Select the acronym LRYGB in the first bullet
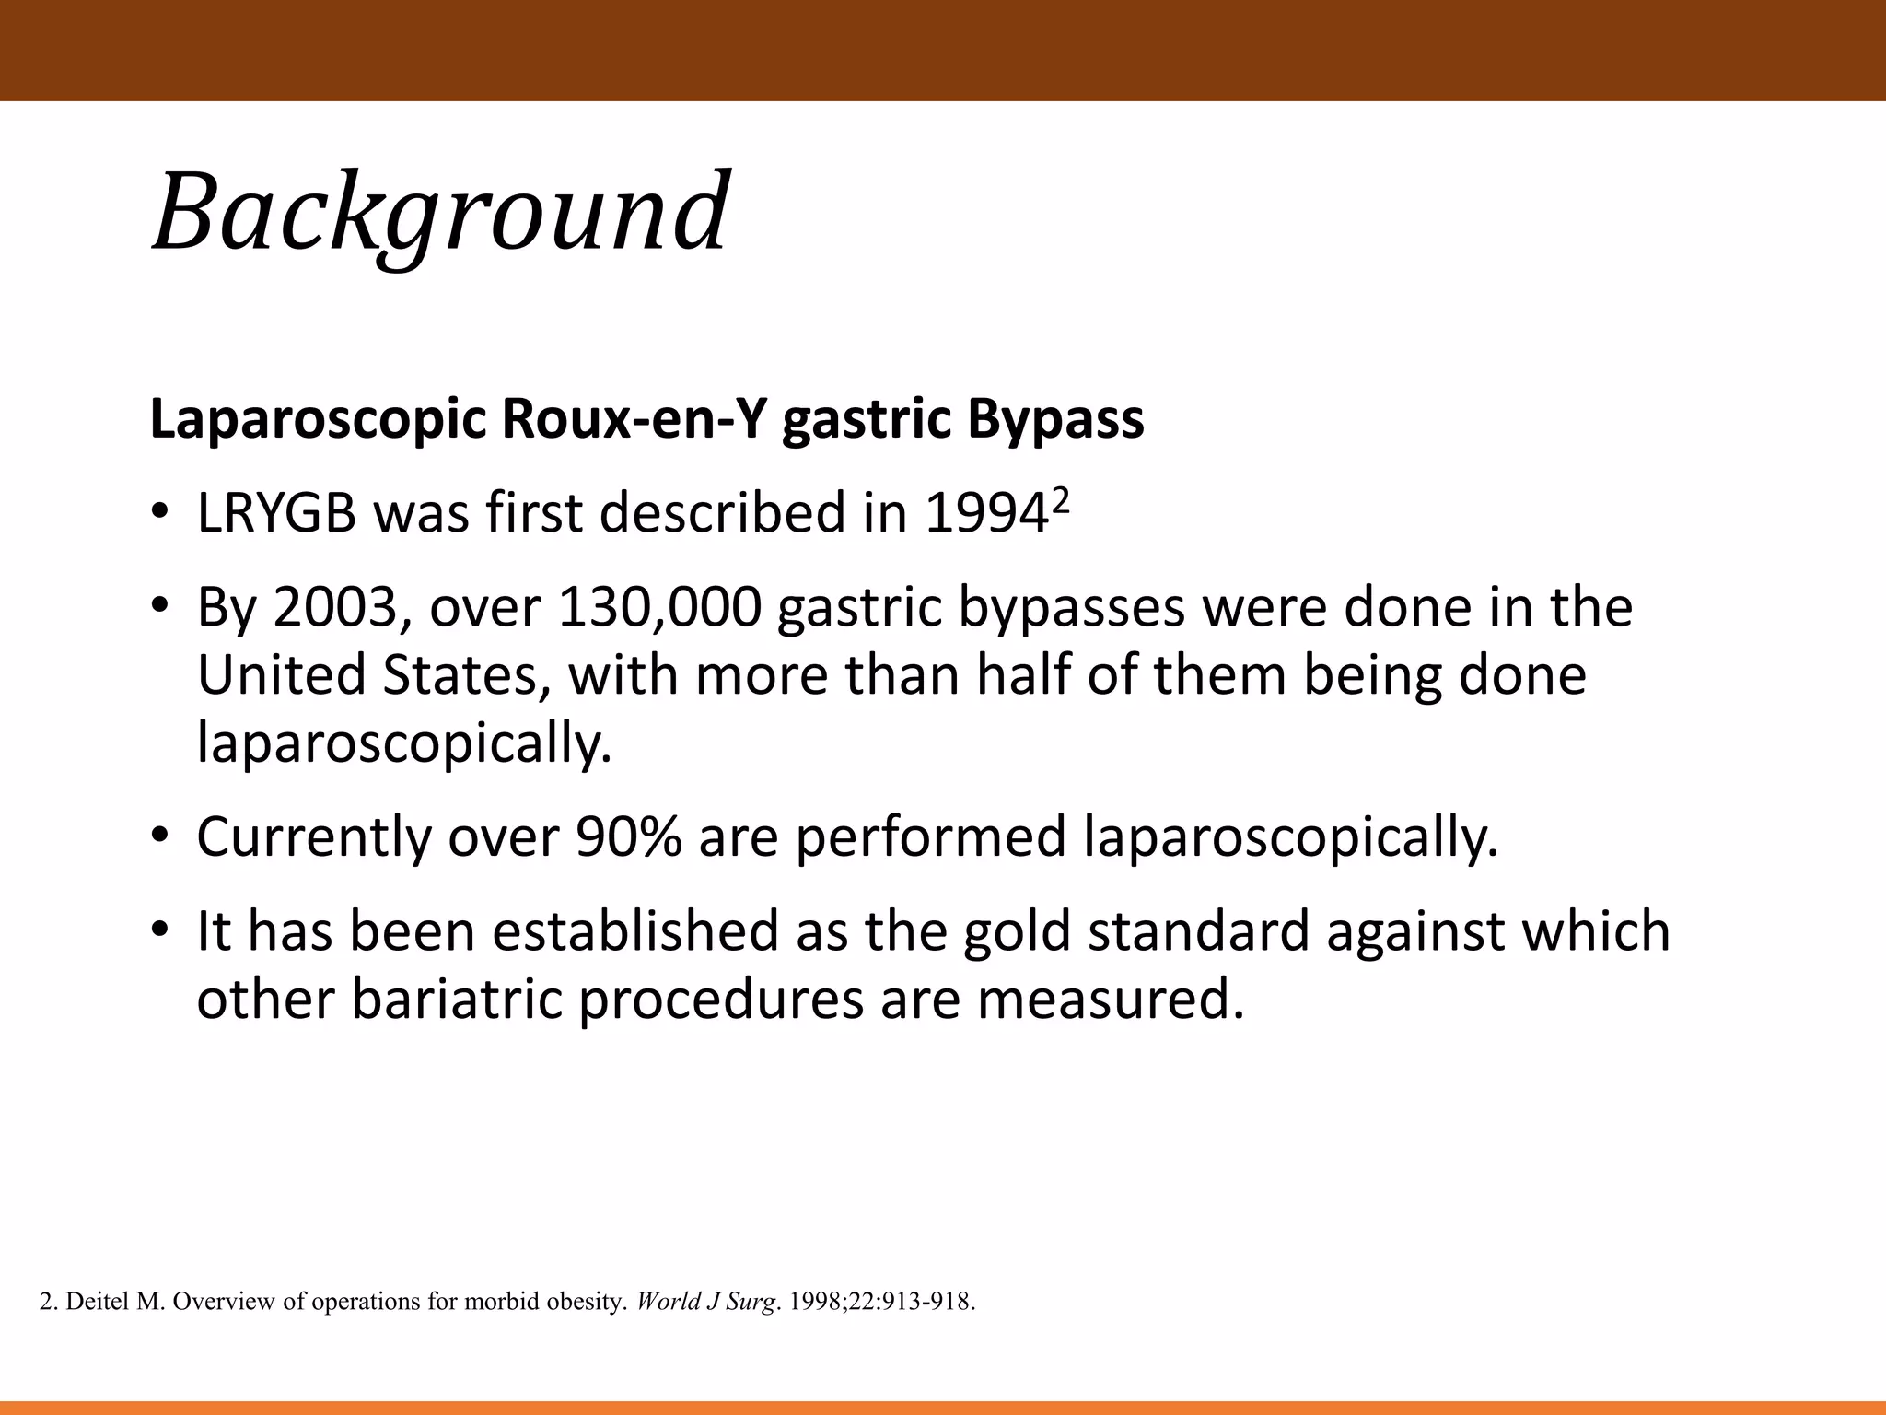click(x=276, y=513)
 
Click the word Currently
click(x=313, y=837)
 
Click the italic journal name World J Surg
click(x=704, y=1302)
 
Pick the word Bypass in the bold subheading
click(x=1054, y=420)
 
